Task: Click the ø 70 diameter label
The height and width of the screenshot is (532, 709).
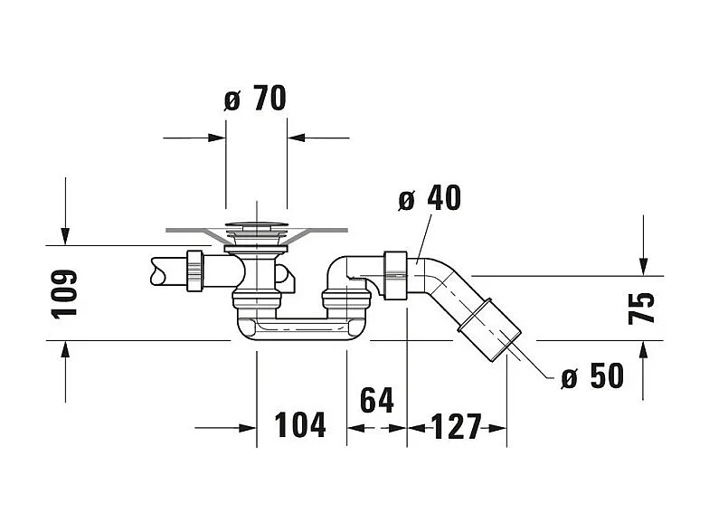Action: coord(255,98)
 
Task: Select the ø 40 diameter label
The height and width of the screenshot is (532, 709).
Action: coord(430,198)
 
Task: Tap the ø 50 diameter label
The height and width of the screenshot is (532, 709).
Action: coord(591,375)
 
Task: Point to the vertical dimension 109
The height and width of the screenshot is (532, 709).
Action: coord(64,292)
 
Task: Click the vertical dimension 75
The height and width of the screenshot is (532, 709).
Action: coord(641,309)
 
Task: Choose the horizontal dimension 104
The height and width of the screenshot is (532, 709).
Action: coord(300,424)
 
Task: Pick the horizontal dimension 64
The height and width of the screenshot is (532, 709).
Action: coord(377,400)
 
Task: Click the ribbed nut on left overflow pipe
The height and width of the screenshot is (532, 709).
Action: coord(194,271)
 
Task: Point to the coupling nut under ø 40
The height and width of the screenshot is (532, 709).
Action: coord(394,274)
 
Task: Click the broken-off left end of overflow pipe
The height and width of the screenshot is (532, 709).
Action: coord(154,270)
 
